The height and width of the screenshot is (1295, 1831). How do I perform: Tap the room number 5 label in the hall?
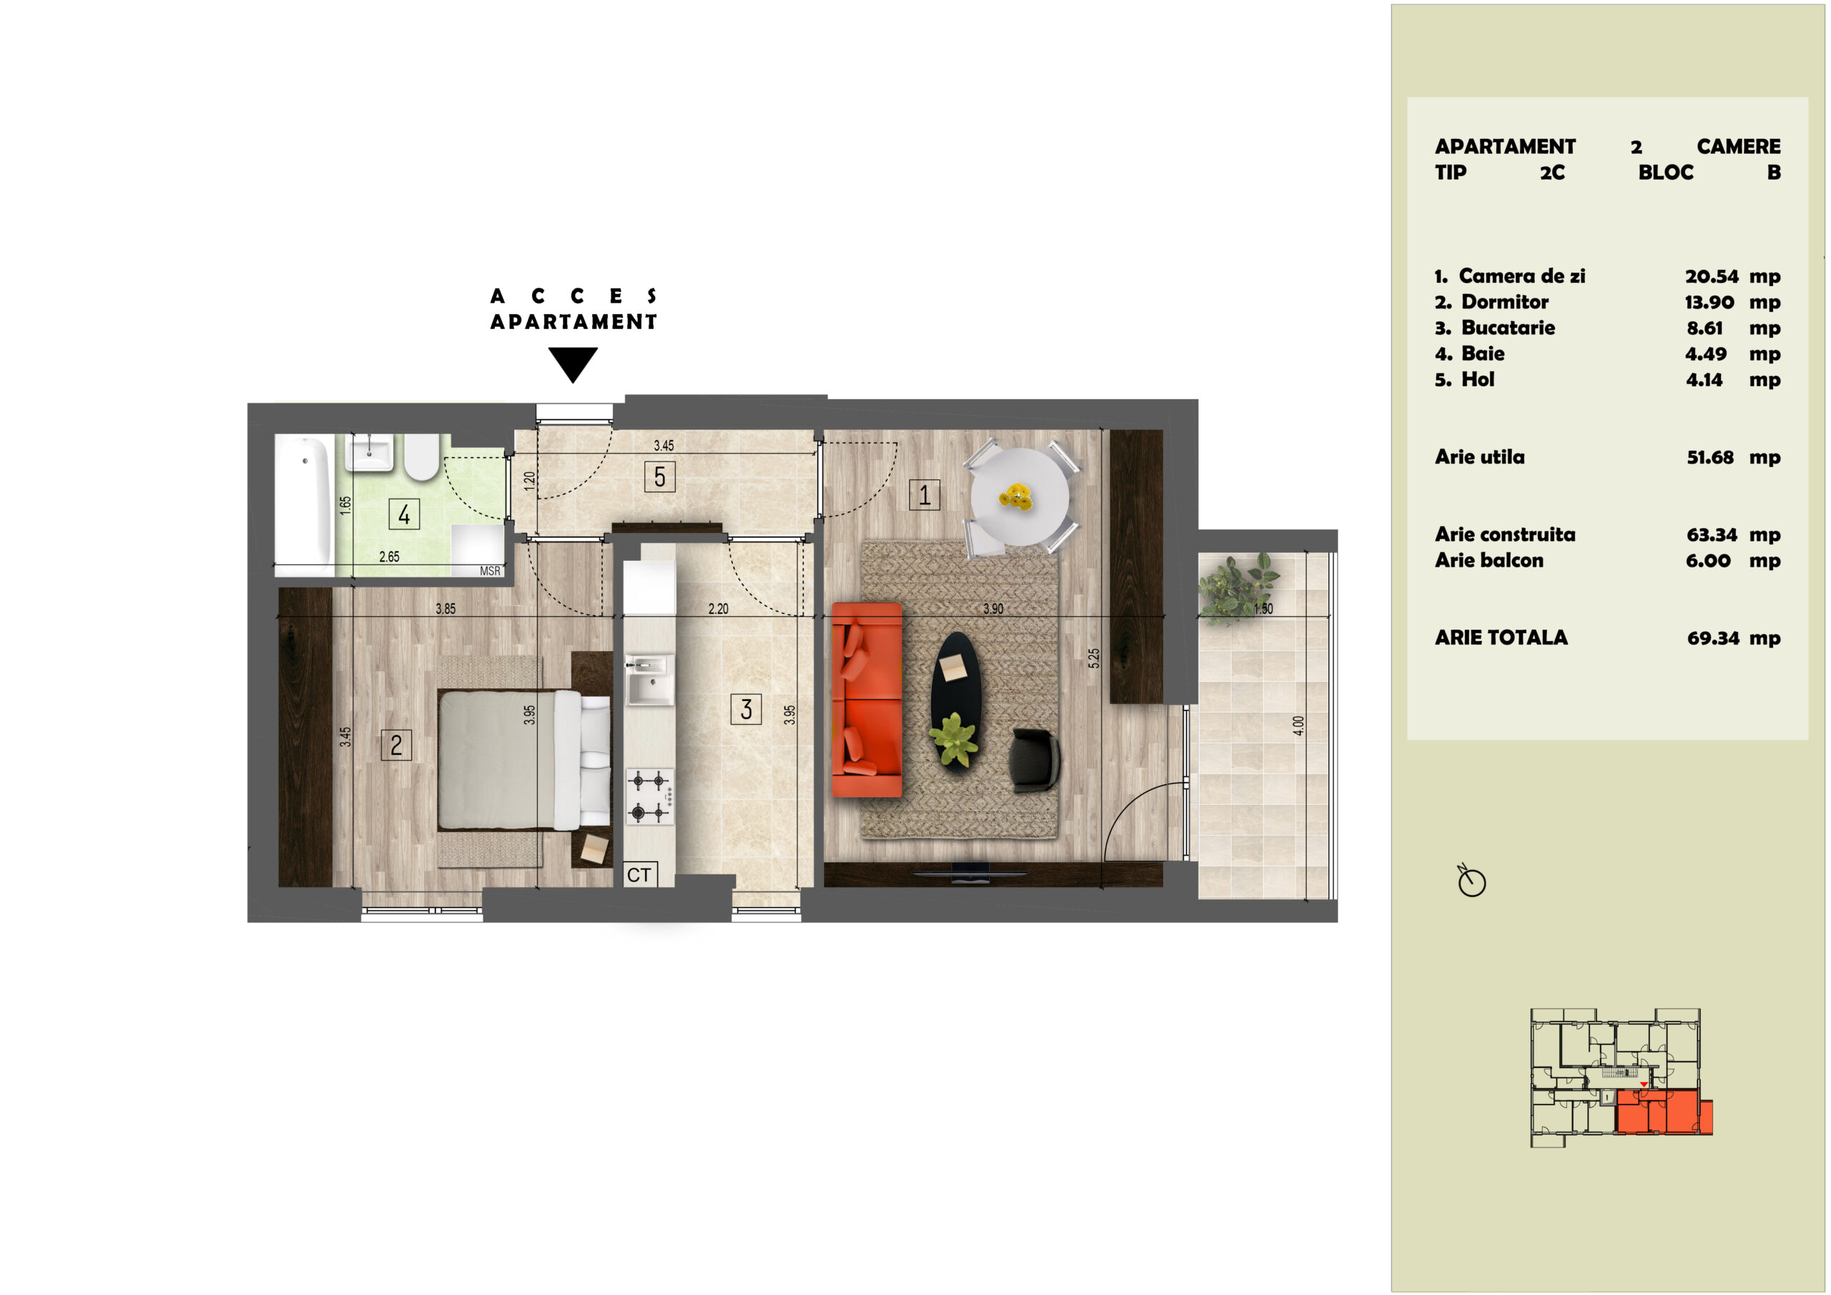(659, 477)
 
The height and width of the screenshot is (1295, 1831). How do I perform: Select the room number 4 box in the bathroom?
(403, 514)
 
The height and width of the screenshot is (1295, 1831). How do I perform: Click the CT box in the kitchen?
(639, 874)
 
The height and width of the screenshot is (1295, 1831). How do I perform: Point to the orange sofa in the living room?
(867, 700)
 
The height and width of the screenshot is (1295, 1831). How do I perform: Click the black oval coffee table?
(955, 700)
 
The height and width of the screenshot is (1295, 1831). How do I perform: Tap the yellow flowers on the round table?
(1016, 497)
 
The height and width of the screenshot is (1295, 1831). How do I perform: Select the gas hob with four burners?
(649, 796)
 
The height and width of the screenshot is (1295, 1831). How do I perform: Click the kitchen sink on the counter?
(649, 680)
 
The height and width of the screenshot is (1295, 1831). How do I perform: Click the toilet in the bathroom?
(422, 456)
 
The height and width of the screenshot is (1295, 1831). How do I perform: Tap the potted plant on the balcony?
(1237, 588)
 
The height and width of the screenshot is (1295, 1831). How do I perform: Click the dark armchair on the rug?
(1034, 760)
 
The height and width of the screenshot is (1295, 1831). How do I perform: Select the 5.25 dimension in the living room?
(1094, 658)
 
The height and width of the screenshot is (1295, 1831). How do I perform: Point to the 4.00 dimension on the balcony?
(1298, 725)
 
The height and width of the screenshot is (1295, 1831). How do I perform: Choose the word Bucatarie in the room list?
(1507, 327)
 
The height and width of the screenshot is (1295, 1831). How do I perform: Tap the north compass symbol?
(1471, 880)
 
